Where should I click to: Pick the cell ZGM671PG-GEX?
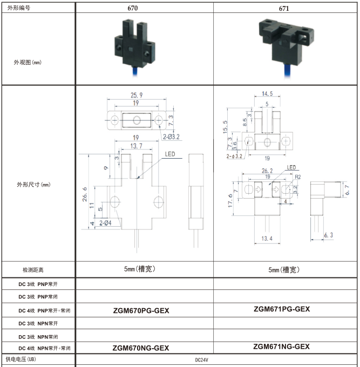[x=282, y=309]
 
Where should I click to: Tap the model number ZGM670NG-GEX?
[x=141, y=348]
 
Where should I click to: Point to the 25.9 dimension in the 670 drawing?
[x=137, y=96]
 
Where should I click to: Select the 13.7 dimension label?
[x=137, y=146]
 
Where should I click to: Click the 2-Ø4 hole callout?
[x=106, y=223]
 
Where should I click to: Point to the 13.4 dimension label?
[x=267, y=239]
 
